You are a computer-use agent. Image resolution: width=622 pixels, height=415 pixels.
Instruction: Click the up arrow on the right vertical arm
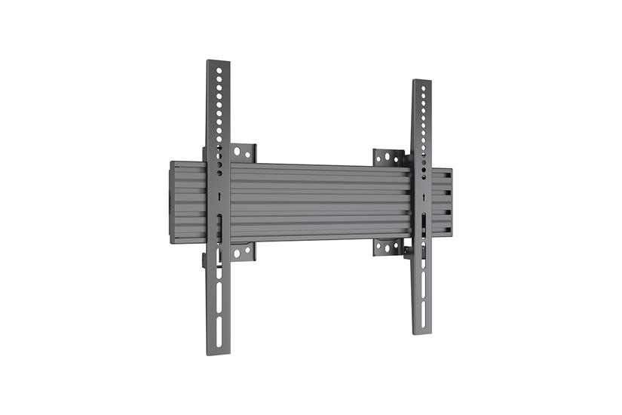pos(424,198)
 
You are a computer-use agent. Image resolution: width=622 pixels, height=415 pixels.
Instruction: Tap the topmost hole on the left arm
pos(219,69)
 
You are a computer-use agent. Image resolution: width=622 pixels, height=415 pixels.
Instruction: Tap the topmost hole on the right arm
pos(424,89)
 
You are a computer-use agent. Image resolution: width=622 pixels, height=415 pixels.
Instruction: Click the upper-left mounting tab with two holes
pos(242,152)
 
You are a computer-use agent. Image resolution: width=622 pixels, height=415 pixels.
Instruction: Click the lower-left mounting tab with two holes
pos(242,252)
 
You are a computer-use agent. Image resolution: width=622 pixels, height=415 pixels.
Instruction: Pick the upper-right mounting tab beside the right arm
pos(388,158)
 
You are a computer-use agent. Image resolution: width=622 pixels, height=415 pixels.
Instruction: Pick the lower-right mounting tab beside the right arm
pos(388,247)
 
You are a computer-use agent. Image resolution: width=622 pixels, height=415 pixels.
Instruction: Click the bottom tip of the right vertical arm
pos(424,331)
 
